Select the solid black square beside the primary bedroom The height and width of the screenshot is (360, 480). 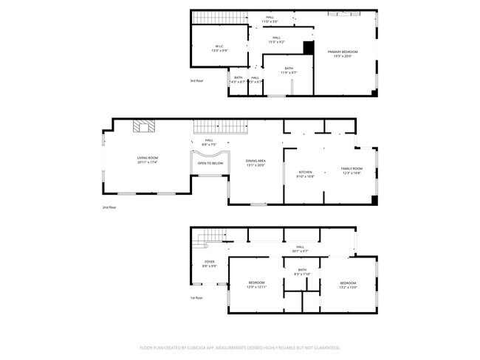point(309,46)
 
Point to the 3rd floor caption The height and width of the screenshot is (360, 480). point(197,80)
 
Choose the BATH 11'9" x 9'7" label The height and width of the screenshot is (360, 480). point(288,70)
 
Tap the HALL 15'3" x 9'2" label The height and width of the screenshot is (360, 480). point(276,39)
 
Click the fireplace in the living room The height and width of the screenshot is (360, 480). point(144,126)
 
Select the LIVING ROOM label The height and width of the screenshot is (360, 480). point(148,159)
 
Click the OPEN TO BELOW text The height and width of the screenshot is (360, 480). point(210,163)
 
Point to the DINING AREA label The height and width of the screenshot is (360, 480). point(256,163)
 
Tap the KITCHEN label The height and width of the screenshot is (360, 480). point(305,174)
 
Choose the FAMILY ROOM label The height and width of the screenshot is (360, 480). point(352,170)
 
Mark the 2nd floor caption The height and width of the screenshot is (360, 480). point(109,207)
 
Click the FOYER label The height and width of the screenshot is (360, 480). point(210,263)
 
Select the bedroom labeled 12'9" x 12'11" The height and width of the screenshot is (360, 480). point(256,285)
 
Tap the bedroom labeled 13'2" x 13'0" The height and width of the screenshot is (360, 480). point(348,285)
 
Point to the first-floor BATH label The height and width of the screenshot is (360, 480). point(301,271)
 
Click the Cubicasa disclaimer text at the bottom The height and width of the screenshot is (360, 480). point(239,347)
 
